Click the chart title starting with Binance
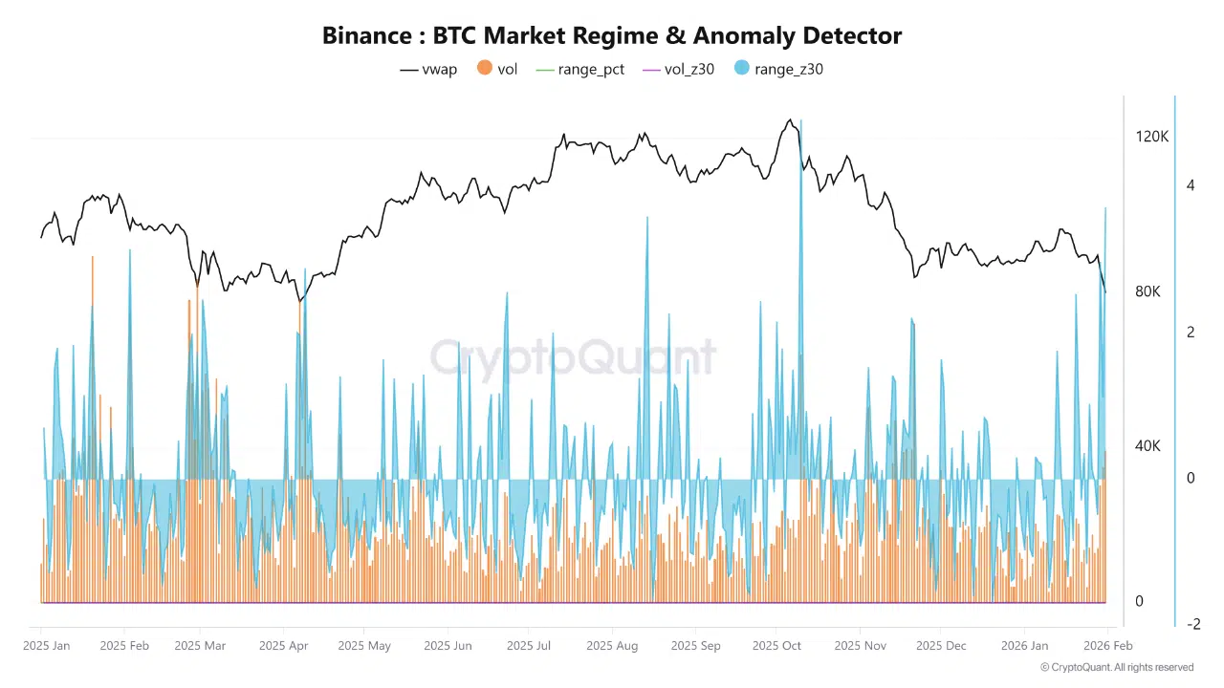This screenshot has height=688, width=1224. pos(612,36)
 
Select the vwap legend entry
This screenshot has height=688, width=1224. pos(428,69)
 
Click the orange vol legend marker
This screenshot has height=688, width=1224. pos(485,69)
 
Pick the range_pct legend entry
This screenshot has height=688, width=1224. pos(579,69)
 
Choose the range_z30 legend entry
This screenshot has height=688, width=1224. pos(778,69)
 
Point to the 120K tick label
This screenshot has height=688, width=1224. pos(1151,138)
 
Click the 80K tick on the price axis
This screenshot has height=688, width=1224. pos(1147,291)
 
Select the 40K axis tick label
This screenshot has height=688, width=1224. pos(1147,446)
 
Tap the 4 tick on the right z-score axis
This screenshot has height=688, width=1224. pos(1191,185)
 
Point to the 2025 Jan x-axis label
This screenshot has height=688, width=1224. pos(47,646)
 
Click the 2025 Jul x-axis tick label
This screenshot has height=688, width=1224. pos(529,646)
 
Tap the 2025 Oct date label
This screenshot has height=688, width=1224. pos(776,646)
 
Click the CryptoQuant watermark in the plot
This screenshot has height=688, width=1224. pos(572,357)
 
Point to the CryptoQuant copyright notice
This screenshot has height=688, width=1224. pos(1116,667)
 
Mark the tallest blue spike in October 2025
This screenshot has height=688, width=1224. pos(800,122)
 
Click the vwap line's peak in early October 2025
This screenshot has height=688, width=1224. pos(790,120)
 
